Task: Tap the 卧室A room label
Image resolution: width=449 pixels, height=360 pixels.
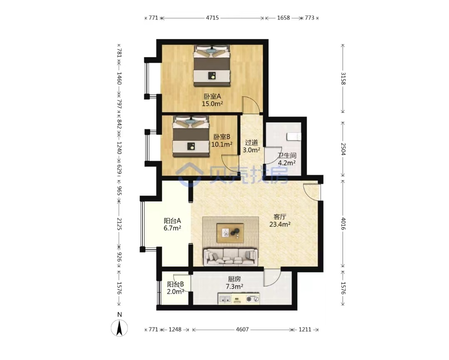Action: coord(212,97)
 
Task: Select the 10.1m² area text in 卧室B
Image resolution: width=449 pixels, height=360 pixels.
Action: coord(222,144)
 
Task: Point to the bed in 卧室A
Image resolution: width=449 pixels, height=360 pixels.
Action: coord(212,66)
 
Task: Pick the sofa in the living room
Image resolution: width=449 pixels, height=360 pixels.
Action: coord(230,256)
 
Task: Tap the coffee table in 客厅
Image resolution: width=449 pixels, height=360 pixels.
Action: coord(230,233)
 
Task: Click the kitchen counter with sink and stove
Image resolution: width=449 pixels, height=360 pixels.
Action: coord(239,299)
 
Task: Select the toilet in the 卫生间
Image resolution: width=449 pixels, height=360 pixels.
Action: coord(294,137)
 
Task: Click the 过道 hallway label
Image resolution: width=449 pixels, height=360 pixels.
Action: coord(252,142)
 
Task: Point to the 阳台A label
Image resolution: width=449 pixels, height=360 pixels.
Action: coord(173,221)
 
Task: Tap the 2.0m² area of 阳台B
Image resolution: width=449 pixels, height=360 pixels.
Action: coord(175,292)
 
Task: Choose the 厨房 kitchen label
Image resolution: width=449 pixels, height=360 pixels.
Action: coord(234,279)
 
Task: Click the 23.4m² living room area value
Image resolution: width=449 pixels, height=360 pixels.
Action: coord(280,224)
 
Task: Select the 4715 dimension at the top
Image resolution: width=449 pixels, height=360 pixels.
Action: coord(212,18)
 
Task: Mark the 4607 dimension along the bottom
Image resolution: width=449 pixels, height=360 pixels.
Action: coord(242,330)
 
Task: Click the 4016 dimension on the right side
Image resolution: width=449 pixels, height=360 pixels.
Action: coord(343,224)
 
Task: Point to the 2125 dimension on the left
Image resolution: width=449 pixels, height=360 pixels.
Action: coord(119,224)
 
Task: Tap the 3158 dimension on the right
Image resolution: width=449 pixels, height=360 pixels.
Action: coord(343,79)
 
